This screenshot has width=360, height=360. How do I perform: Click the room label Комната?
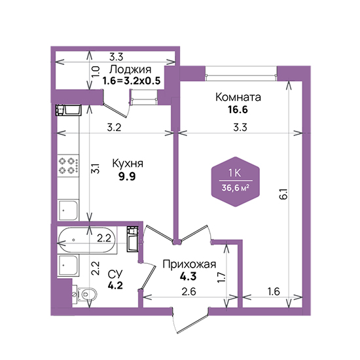click(x=238, y=97)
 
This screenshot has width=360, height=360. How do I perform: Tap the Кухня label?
click(x=128, y=164)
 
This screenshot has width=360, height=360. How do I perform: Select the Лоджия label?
click(x=130, y=69)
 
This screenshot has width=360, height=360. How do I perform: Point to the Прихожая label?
click(x=189, y=264)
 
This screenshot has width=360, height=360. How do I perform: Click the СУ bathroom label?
click(x=115, y=274)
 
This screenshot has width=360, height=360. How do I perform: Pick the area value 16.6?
click(x=238, y=110)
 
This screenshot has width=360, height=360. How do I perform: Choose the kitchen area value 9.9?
click(x=127, y=176)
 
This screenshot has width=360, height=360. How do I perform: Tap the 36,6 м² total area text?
click(x=236, y=189)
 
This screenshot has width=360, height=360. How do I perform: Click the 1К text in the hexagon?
click(x=235, y=173)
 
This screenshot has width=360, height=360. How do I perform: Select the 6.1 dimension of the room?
click(x=284, y=194)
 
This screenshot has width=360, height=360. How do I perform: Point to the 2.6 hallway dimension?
click(x=189, y=291)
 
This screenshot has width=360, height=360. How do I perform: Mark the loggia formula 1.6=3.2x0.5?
click(x=132, y=81)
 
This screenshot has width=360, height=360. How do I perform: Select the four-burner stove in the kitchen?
click(x=69, y=166)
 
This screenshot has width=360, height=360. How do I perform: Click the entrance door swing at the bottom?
click(x=190, y=321)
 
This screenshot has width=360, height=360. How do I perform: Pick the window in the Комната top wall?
click(x=241, y=74)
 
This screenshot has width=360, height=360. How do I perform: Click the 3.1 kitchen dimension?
click(x=96, y=168)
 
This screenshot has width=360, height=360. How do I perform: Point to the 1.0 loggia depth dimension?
click(x=96, y=71)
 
